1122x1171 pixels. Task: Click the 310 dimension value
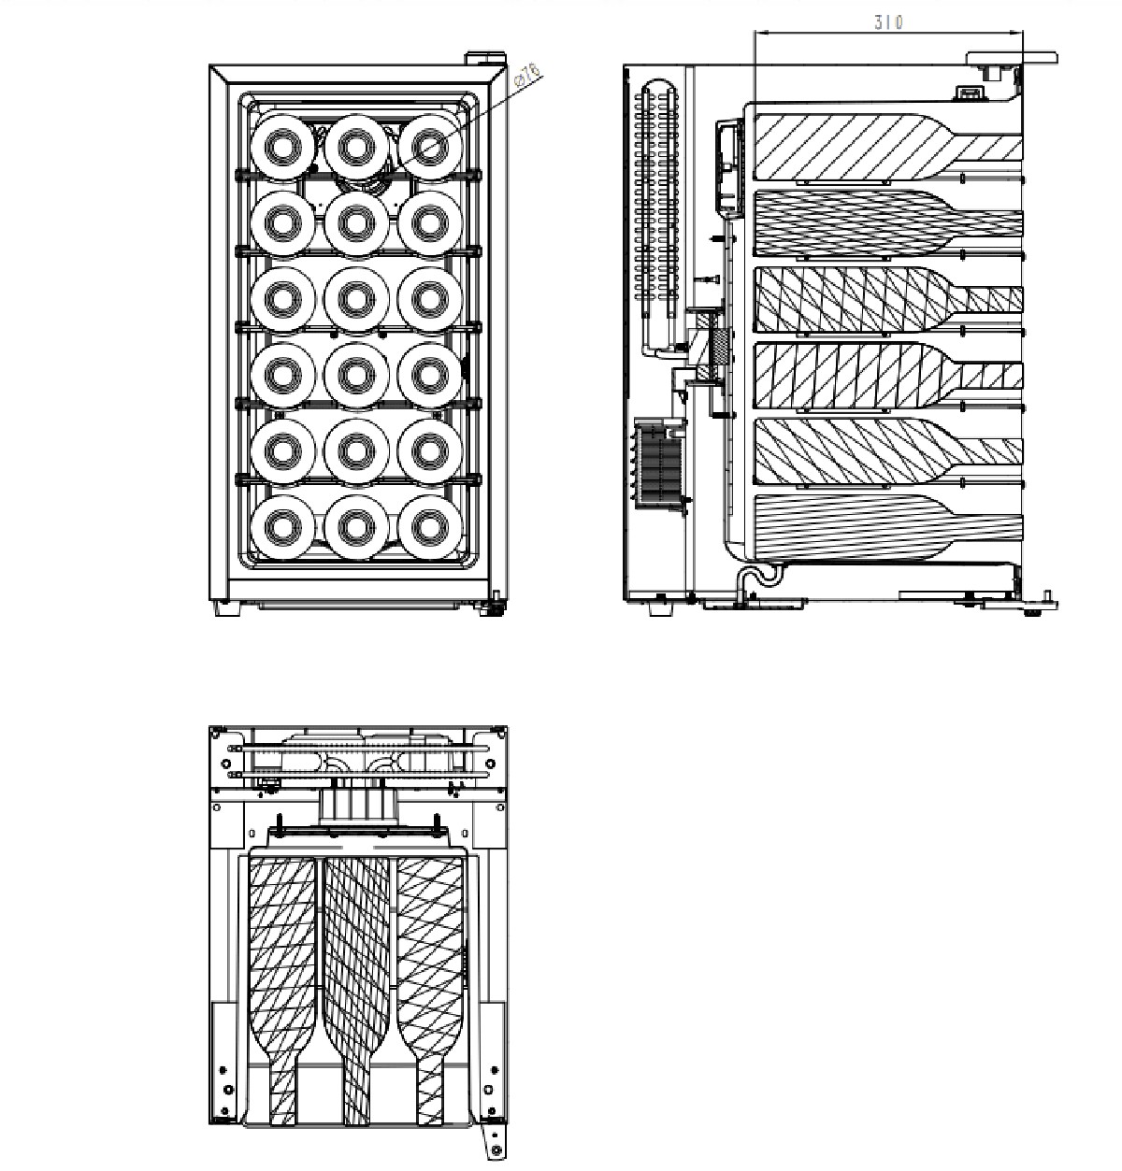(888, 22)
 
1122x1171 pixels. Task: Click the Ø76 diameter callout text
(528, 75)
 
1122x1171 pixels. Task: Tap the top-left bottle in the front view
(282, 147)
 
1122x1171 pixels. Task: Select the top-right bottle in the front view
(430, 147)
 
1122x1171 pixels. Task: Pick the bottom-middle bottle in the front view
(356, 527)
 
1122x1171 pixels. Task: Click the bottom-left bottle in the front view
(282, 527)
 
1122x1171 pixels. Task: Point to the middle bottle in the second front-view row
(356, 222)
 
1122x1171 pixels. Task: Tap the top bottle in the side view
(888, 146)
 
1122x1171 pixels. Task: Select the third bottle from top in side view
(888, 299)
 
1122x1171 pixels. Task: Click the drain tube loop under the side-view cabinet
(759, 577)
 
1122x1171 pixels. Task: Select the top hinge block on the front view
(486, 58)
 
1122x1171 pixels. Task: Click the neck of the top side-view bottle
(987, 148)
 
